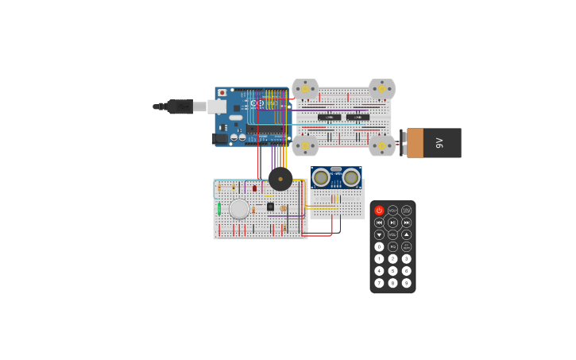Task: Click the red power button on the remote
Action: coord(379,211)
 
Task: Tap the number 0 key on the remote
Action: coord(379,246)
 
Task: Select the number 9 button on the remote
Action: coord(406,283)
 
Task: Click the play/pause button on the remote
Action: coord(392,223)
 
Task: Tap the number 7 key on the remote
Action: coord(379,283)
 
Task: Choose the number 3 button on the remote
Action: coord(406,258)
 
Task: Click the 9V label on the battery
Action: coord(439,143)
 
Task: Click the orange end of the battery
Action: coord(415,143)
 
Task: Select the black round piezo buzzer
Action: coord(280,179)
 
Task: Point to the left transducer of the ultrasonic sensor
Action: coord(321,177)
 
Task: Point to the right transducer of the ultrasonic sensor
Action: coord(351,177)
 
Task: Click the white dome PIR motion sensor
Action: coord(239,209)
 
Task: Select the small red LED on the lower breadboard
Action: coord(254,188)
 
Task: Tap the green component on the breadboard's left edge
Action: coord(219,209)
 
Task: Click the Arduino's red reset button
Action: coord(222,93)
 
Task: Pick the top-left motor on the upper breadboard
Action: coord(305,89)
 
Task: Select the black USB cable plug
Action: coord(180,106)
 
